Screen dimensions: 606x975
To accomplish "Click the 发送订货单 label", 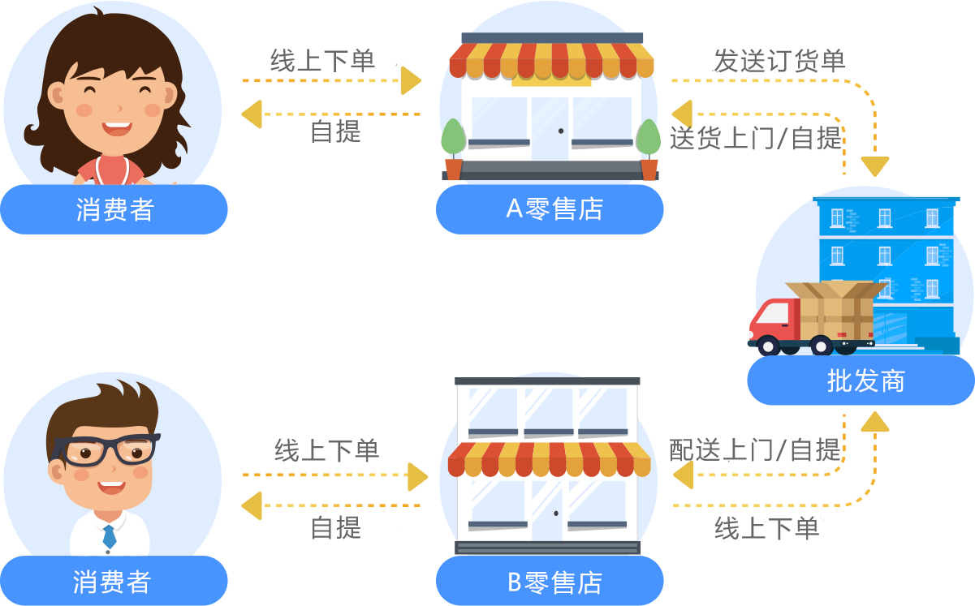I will point(778,61).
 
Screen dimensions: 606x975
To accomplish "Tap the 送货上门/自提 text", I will point(756,139).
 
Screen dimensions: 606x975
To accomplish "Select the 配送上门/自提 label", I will point(754,449).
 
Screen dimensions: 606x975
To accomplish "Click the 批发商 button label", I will point(865,380).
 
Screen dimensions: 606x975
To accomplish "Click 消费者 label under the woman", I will point(114,210).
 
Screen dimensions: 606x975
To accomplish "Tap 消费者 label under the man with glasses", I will point(112,582).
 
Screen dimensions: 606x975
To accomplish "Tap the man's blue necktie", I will point(109,536).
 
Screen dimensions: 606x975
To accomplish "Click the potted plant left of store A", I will point(453,149).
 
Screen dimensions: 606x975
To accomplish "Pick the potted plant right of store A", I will point(649,149).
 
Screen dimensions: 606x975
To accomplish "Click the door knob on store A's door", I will point(560,131).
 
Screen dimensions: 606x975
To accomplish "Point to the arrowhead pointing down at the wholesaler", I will point(875,166).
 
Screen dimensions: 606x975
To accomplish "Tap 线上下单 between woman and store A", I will point(322,60).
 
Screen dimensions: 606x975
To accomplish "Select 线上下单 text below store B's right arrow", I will point(766,529).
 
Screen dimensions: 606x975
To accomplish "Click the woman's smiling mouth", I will point(117,128).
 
